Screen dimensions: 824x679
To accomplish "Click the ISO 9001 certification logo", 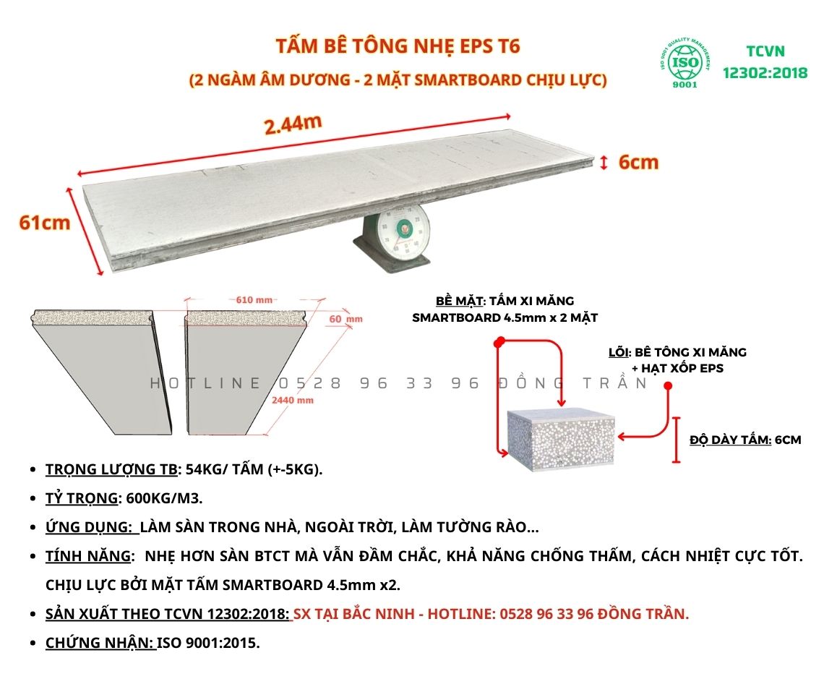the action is [x=685, y=63].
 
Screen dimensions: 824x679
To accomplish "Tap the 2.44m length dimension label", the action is [x=293, y=124].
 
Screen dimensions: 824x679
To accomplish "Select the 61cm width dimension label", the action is [x=45, y=223].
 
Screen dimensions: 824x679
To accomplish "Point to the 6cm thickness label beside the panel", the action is [x=638, y=163].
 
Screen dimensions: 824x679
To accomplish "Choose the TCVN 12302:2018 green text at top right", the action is [x=765, y=62].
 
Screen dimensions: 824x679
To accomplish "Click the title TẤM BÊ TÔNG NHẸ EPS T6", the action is [x=398, y=46].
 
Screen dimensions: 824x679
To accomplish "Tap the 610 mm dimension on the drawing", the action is [x=254, y=300].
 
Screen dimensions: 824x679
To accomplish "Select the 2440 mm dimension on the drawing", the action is [x=293, y=401].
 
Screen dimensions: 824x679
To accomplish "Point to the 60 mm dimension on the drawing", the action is [x=346, y=319].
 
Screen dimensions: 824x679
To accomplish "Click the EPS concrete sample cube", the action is [x=561, y=440].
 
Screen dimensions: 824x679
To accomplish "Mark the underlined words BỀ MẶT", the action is [x=459, y=301].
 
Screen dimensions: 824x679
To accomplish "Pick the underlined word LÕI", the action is [x=619, y=352].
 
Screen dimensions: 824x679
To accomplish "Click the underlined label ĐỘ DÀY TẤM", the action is [x=731, y=440].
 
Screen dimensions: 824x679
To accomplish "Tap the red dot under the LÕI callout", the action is [x=668, y=386].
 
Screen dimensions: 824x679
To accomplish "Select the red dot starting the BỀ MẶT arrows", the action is [x=499, y=341].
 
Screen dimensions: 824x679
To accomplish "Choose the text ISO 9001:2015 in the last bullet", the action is [x=208, y=643].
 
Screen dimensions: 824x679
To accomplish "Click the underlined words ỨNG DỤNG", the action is [x=88, y=527].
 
